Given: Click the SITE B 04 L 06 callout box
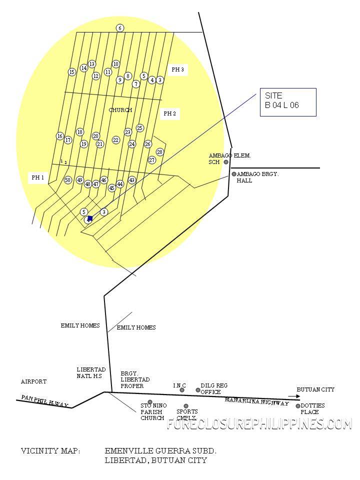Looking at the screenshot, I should (287, 102).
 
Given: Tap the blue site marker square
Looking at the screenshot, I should (89, 218).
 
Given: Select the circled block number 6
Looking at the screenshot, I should (120, 28).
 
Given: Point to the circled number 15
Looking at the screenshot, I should (72, 72).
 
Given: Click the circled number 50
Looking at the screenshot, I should (68, 180).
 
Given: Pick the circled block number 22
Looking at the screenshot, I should (116, 140).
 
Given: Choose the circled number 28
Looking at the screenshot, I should (160, 152).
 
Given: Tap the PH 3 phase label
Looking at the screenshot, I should (177, 69).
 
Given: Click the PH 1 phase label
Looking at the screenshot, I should (38, 177).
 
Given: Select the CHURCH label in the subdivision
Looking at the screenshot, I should (120, 110).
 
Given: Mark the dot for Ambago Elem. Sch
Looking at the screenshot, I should (226, 161).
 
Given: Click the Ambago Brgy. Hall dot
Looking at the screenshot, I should (233, 174).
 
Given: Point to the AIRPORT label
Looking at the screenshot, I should (33, 381).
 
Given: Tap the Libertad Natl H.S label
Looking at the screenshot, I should (90, 372).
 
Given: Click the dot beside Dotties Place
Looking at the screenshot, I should (298, 406).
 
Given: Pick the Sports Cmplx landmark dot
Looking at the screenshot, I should (186, 406).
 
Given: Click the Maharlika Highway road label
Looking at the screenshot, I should (256, 401).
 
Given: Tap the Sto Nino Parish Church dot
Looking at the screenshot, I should (150, 402).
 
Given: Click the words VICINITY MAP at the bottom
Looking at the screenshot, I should (50, 451).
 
